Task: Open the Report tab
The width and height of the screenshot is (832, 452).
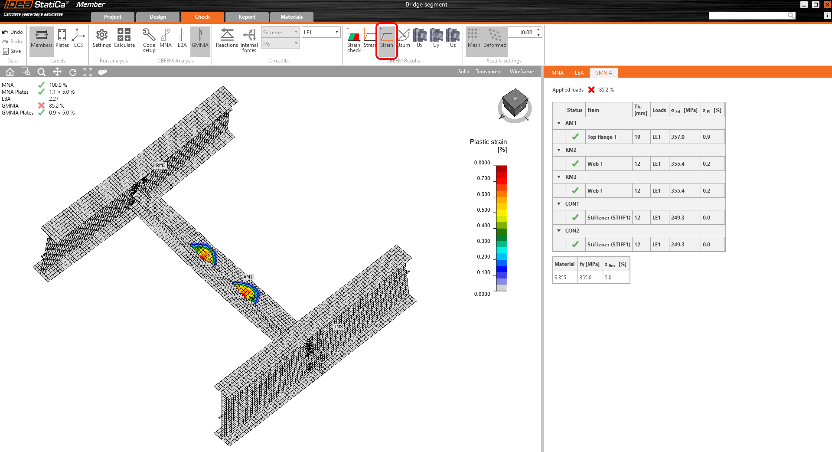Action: click(247, 17)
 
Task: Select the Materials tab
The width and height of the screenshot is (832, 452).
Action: click(291, 17)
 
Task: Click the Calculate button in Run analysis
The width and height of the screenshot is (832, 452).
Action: click(124, 38)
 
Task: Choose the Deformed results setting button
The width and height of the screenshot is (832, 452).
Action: click(495, 38)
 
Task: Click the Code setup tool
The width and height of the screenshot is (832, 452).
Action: click(149, 40)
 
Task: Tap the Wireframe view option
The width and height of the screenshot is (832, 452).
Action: click(522, 72)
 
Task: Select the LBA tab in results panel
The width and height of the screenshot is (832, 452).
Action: click(579, 73)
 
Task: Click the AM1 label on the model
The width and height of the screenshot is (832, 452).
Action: click(248, 277)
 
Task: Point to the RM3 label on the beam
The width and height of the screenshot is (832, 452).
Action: click(338, 327)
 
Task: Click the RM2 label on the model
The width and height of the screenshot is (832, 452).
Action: click(160, 165)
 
